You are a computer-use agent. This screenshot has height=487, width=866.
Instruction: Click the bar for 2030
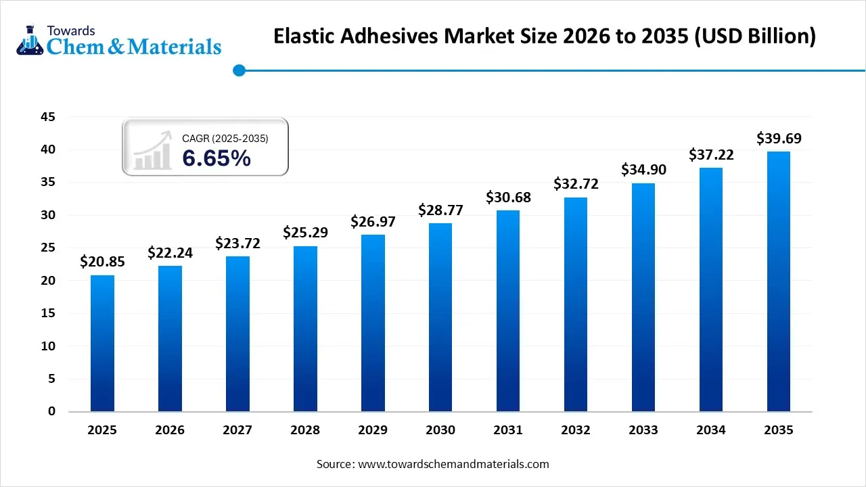coord(440,317)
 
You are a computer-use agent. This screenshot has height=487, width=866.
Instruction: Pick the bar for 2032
coord(576,304)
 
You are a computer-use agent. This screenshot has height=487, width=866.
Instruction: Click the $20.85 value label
coord(102,261)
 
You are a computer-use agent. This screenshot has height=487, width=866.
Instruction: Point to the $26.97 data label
coord(373,221)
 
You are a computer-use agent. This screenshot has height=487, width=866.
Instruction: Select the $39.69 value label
coord(779,139)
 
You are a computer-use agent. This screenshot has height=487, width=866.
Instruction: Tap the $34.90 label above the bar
coord(643,170)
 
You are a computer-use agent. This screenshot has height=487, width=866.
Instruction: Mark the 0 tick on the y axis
coord(51,412)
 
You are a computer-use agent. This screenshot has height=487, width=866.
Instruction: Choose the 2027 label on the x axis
coord(237,430)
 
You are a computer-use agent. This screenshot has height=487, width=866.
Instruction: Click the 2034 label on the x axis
coord(711,430)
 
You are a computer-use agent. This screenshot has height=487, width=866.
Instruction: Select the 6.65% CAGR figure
coord(216,158)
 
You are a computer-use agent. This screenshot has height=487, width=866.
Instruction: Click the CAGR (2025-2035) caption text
coord(225,139)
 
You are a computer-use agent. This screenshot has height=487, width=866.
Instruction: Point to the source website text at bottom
coord(433,464)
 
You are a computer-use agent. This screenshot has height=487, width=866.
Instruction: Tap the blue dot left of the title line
coord(238,70)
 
